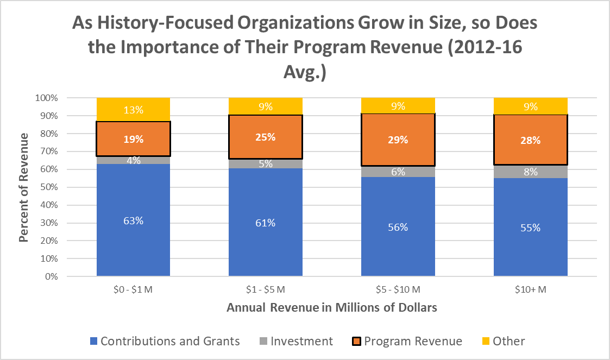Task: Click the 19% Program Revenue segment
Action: coord(134,139)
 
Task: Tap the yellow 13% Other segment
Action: coord(134,110)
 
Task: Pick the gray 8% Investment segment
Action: coord(530,172)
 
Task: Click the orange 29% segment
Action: coord(398,140)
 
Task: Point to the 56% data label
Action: coord(398,228)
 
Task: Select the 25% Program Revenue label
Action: coord(266,137)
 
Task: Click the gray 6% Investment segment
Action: coord(398,172)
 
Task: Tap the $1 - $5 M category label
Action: coord(266,290)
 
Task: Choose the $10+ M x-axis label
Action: coord(530,290)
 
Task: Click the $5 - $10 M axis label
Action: coord(398,290)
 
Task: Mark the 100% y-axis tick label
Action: coord(46,98)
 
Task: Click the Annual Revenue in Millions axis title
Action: coord(332,308)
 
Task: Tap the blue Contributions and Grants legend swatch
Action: coord(92,342)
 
